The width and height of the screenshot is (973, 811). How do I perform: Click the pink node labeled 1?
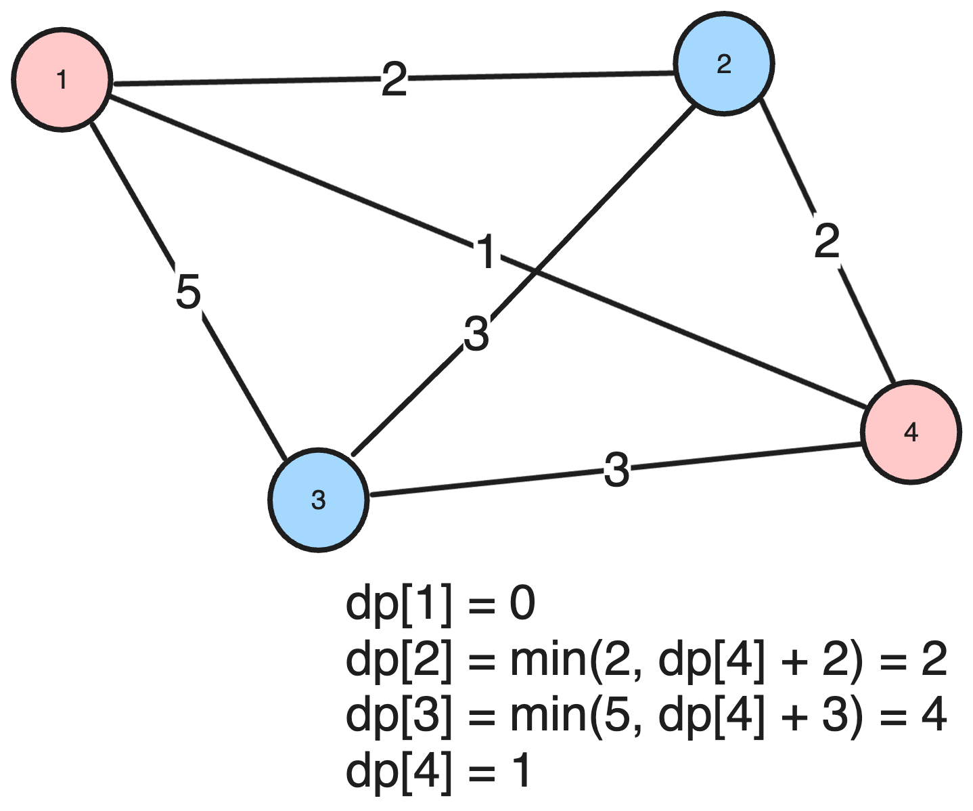pos(62,80)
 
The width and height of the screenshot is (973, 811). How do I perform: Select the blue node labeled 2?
pos(723,64)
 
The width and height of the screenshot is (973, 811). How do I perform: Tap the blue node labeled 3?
pos(318,500)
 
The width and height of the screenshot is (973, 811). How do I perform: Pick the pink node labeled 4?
pos(911,432)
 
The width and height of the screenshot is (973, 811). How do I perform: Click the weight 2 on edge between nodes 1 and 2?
pos(394,80)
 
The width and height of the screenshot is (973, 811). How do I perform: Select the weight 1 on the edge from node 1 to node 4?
pos(486,253)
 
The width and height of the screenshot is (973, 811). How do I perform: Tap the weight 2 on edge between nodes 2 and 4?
pos(827,241)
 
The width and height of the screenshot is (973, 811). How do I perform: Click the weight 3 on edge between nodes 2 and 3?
pos(476,334)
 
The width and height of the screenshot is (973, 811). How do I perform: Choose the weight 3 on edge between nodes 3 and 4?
pos(616,470)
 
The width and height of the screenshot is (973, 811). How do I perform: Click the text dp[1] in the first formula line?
pos(398,604)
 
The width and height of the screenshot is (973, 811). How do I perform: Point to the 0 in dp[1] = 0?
pos(522,604)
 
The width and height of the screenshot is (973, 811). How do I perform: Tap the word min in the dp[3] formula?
pos(549,715)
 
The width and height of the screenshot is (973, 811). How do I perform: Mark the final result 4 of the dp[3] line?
pos(934,715)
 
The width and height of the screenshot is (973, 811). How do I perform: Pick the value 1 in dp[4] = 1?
pos(520,771)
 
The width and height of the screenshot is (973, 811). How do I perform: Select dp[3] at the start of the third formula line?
pos(398,715)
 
